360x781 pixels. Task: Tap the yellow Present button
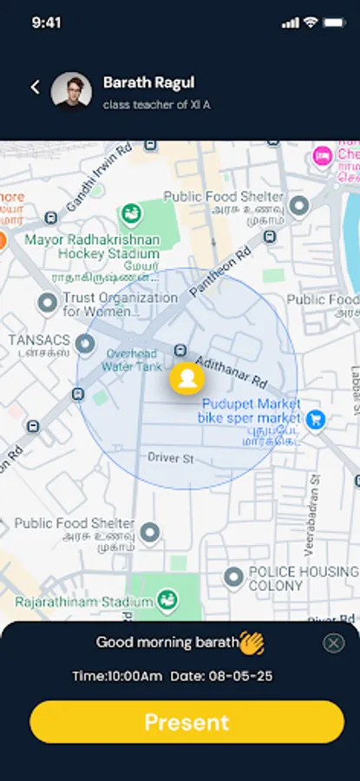point(187,722)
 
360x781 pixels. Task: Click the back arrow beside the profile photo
point(36,87)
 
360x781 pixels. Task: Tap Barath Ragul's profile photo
point(71,90)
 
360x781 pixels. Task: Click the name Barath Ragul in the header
point(148,82)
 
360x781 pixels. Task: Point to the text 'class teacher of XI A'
point(156,105)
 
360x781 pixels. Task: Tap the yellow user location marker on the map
point(187,378)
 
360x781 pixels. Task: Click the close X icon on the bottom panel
point(333,643)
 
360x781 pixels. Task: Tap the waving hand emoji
point(252,643)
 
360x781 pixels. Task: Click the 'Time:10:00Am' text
point(116,676)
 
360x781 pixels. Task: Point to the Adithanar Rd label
point(232,370)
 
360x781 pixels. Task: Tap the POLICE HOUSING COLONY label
point(303,579)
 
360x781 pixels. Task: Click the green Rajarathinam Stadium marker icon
point(167,600)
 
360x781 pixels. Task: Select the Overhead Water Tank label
point(130,359)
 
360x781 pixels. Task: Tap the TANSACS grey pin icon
point(84,345)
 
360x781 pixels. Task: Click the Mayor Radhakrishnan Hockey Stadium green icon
point(132,213)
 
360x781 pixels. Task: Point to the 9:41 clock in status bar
point(46,23)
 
